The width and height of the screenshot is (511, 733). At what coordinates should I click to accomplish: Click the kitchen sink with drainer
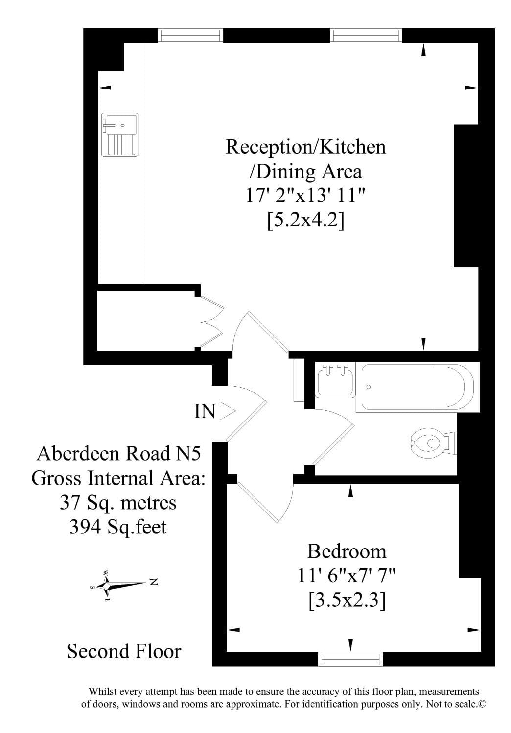pos(119,134)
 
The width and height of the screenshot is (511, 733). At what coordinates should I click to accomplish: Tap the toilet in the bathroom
pos(433,443)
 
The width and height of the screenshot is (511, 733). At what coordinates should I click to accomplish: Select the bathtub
pos(418,387)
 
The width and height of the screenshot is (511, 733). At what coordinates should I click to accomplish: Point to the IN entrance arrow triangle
pos(227,411)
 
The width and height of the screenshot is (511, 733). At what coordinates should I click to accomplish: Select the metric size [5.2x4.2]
pos(305,221)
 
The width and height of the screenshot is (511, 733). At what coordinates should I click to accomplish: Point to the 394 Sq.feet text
pos(117,527)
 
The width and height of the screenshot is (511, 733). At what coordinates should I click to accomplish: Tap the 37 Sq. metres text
pos(118,502)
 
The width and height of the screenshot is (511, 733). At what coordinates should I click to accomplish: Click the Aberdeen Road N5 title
pos(118,454)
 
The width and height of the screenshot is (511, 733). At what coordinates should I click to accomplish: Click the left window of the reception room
pos(190,35)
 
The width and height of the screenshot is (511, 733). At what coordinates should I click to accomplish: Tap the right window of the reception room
pos(366,35)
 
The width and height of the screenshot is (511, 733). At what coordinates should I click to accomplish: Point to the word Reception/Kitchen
pos(305,147)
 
